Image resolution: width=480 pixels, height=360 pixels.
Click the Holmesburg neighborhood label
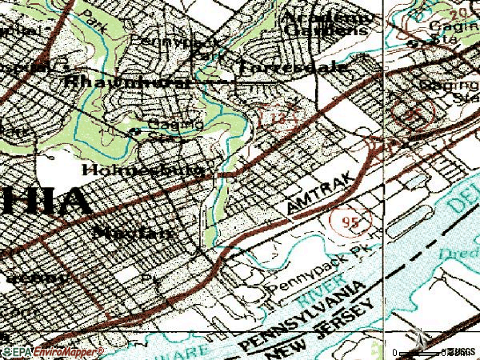tap(147, 170)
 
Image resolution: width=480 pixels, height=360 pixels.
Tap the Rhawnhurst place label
tap(129, 81)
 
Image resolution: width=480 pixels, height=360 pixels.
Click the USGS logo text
tap(459, 351)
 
